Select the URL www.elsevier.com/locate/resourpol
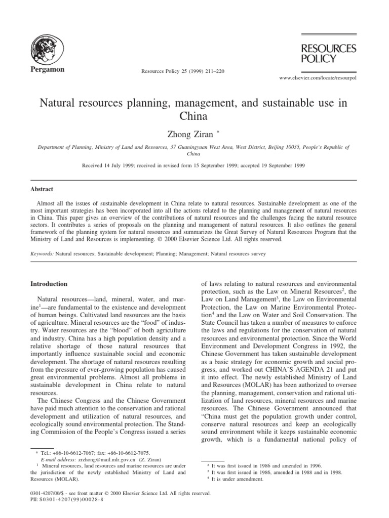coord(319,79)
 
